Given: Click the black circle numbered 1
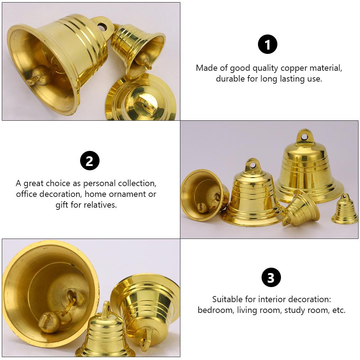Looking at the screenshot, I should [x=268, y=45].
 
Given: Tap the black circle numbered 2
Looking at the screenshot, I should [x=89, y=161].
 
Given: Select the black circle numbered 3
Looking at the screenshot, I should [x=271, y=277].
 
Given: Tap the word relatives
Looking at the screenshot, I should [x=101, y=205].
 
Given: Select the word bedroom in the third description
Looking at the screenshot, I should [x=214, y=310].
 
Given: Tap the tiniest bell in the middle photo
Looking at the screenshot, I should [x=345, y=210].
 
